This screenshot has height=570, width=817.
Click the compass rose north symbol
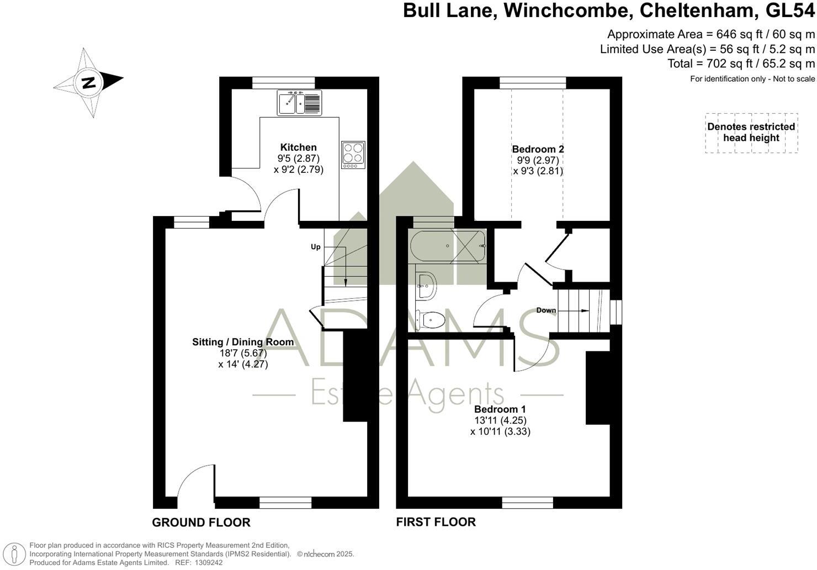88,83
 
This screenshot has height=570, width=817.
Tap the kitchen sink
299,103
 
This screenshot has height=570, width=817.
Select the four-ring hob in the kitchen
353,155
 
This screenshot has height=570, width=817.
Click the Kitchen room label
298,147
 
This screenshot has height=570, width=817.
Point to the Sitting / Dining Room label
243,342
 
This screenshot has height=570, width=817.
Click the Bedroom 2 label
538,149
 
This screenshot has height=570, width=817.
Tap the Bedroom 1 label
500,410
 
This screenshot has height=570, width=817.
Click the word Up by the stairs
316,247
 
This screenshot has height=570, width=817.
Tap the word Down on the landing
546,310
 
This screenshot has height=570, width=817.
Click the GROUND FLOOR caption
201,522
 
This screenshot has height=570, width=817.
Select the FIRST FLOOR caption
436,522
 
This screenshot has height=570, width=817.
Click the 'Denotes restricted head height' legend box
751,133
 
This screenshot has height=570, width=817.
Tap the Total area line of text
741,64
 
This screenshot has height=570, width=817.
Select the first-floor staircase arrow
577,312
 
